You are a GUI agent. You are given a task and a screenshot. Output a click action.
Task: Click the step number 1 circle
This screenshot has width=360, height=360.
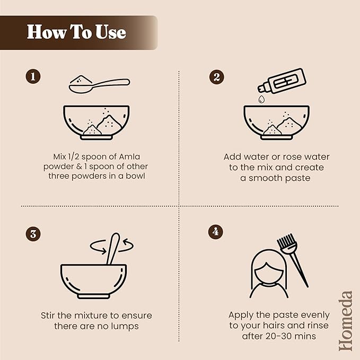[x=33, y=76]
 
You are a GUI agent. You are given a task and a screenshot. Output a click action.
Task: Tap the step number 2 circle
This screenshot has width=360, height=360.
[x=216, y=77]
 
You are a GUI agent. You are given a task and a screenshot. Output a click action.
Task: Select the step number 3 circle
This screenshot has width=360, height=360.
[x=33, y=234]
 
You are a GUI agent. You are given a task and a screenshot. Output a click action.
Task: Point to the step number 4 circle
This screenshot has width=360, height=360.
[x=215, y=232]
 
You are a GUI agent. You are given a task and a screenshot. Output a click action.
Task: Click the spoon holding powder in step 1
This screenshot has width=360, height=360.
[x=99, y=85]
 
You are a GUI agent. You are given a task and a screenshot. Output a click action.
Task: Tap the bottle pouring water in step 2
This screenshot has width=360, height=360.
[x=282, y=81]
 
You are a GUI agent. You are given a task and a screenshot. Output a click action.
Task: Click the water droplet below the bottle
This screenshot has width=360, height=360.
[x=261, y=99]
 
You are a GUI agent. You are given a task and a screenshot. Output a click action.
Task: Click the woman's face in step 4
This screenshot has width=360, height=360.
[x=269, y=274]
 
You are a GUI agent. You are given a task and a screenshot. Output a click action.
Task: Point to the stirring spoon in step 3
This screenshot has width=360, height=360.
[x=113, y=249]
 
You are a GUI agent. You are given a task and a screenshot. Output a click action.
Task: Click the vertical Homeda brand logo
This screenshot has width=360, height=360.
[x=346, y=321]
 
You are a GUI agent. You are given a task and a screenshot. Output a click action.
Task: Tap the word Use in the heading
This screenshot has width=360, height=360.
[x=111, y=32]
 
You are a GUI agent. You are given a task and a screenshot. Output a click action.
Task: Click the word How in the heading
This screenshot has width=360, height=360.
[x=46, y=32]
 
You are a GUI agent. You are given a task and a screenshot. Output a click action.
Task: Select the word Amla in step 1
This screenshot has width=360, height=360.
[x=129, y=156]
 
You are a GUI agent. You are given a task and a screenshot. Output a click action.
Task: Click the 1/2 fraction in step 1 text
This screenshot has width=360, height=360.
[x=74, y=156]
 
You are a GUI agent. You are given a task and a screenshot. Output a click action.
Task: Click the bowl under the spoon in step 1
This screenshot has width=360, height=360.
[x=96, y=122]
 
